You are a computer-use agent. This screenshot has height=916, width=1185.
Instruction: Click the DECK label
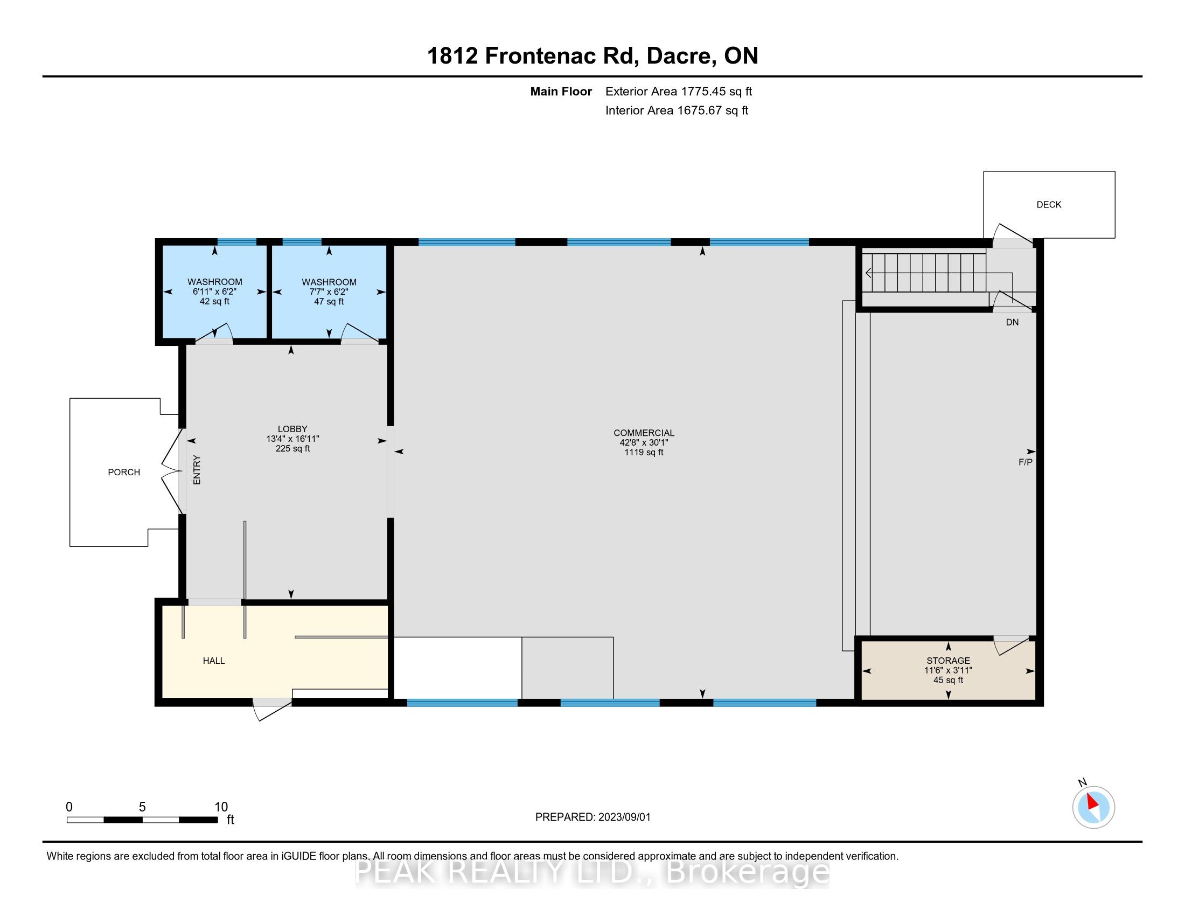[1048, 205]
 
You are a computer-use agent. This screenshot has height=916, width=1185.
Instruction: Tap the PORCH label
[124, 472]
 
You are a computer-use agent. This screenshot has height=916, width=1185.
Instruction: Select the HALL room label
[214, 661]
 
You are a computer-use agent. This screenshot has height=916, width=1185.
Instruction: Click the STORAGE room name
[948, 661]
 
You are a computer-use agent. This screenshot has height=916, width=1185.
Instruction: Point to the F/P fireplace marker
[1025, 462]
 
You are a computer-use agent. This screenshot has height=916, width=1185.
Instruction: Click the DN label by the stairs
[1012, 322]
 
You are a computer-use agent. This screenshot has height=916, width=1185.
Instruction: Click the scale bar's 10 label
[221, 807]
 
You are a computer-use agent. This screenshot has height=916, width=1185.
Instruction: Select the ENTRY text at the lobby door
[197, 470]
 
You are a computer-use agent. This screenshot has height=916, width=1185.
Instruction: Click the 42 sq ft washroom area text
[214, 301]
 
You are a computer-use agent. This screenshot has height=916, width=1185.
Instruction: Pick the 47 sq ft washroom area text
[329, 301]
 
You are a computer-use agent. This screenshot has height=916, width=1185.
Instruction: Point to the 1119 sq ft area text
[644, 452]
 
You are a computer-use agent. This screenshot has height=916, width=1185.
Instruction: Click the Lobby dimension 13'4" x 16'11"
[292, 439]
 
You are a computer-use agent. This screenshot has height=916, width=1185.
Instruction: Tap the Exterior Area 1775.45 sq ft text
[679, 91]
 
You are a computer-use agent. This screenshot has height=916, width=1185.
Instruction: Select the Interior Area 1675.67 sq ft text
[677, 110]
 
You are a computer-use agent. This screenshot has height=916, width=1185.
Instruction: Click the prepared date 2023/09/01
[624, 817]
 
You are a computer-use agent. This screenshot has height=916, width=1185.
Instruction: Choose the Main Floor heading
[561, 91]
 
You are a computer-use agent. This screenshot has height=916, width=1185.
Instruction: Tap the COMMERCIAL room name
[644, 433]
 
